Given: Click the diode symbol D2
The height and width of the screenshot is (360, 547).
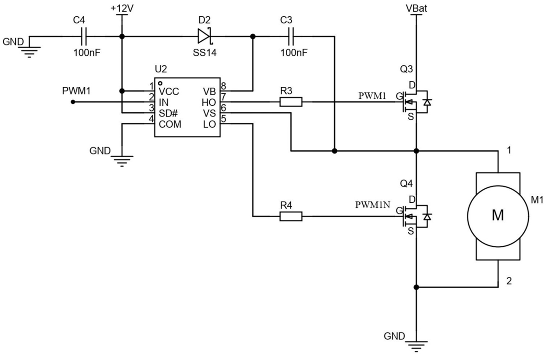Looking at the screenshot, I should pyautogui.click(x=204, y=36).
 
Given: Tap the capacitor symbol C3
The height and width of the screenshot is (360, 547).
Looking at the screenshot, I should pyautogui.click(x=291, y=36).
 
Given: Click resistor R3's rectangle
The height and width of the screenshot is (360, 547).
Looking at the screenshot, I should pyautogui.click(x=291, y=102).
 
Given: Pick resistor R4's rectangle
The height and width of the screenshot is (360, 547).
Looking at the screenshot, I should pyautogui.click(x=291, y=216).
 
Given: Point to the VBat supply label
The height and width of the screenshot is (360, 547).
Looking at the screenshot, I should pyautogui.click(x=416, y=8).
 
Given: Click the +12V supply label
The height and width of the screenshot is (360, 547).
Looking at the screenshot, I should pyautogui.click(x=122, y=8).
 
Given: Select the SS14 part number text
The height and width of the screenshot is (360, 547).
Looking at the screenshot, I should pyautogui.click(x=205, y=53).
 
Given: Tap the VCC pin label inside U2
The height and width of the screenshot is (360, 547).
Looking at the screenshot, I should pyautogui.click(x=168, y=91).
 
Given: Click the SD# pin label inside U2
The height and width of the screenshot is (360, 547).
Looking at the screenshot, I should pyautogui.click(x=168, y=113).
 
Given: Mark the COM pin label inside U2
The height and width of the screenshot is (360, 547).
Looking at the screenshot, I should pyautogui.click(x=170, y=124).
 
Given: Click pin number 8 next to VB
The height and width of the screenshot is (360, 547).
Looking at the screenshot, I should pyautogui.click(x=223, y=86).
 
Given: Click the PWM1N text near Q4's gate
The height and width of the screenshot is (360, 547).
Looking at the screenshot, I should pyautogui.click(x=372, y=205).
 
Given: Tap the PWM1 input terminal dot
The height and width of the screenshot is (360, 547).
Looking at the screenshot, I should pyautogui.click(x=73, y=102).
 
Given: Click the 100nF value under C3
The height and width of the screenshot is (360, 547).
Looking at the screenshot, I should pyautogui.click(x=294, y=53).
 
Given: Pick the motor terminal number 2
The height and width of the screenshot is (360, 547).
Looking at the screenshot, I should pyautogui.click(x=509, y=281).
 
